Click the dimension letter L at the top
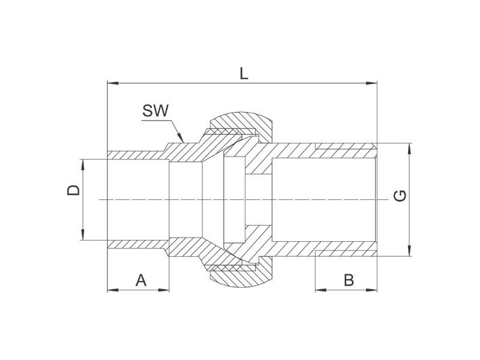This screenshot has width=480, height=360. (244, 73)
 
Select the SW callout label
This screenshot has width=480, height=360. (155, 110)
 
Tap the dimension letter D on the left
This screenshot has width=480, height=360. (73, 190)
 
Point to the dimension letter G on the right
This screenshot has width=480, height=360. (400, 196)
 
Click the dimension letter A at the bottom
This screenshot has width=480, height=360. (141, 280)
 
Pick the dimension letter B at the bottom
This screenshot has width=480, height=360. (349, 280)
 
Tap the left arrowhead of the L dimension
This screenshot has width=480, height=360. (113, 83)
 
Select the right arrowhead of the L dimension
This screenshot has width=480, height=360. (371, 83)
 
